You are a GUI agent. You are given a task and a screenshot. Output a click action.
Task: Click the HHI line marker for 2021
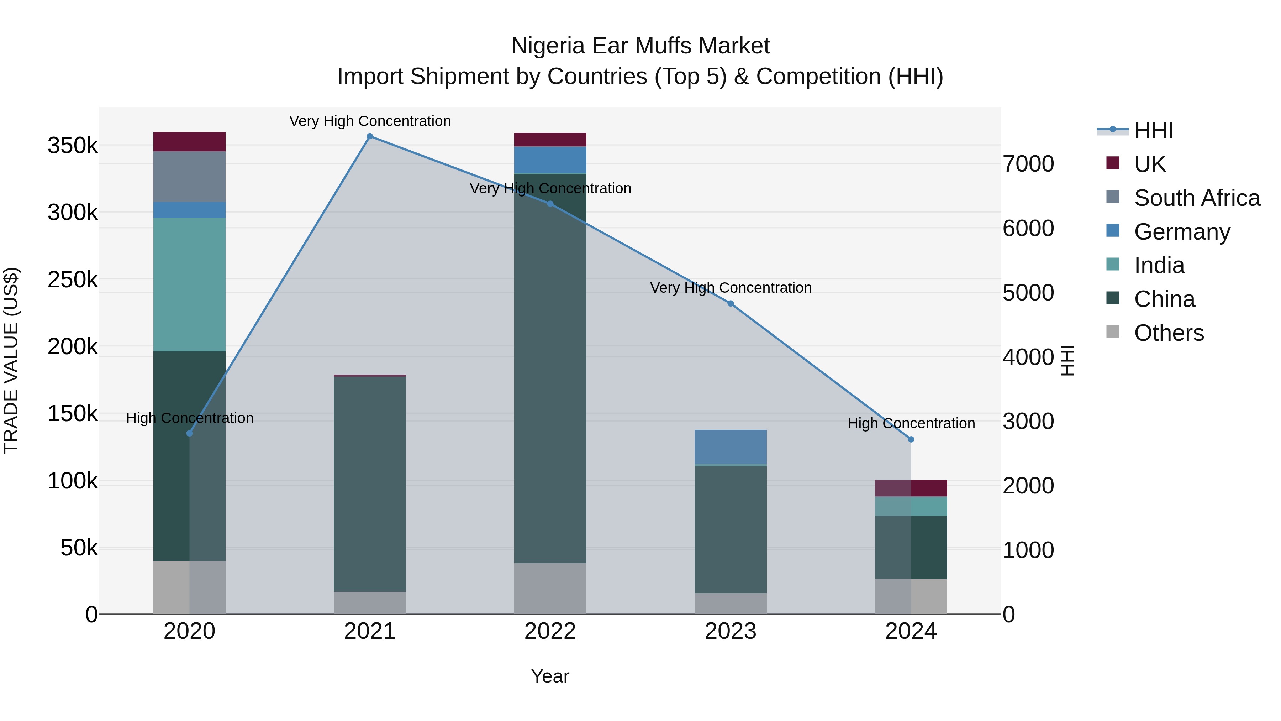[x=369, y=136]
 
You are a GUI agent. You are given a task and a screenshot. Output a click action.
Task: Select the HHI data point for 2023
[x=731, y=303]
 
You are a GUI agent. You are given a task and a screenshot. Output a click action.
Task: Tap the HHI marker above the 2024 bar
[x=911, y=439]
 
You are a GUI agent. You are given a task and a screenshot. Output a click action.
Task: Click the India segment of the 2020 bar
[x=189, y=284]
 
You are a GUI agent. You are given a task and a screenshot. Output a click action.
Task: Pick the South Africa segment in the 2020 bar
[x=189, y=177]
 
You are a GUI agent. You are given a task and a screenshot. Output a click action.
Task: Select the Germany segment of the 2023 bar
[x=731, y=447]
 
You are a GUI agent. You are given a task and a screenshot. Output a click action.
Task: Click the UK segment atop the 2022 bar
[x=550, y=140]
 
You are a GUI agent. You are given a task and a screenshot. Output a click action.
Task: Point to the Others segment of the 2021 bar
[x=369, y=602]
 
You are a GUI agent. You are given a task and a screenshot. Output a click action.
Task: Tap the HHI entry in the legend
[x=1154, y=130]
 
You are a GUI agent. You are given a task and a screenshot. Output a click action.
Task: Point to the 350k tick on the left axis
[x=73, y=146]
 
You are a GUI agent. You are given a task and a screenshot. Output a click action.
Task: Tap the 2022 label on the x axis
[x=550, y=631]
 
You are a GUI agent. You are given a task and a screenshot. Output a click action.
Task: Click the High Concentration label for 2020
[x=189, y=418]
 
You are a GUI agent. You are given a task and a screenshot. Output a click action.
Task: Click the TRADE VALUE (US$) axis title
[x=11, y=360]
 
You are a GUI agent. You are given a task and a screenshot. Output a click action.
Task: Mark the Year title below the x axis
[x=550, y=676]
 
